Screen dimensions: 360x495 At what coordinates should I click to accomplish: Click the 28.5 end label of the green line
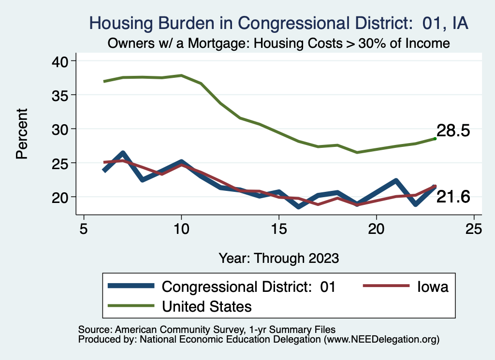pos(453,131)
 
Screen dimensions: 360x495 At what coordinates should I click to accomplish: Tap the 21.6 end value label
pos(453,197)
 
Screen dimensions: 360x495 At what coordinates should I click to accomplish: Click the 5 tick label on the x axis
pos(84,229)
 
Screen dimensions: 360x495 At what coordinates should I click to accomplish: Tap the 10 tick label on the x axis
pos(181,229)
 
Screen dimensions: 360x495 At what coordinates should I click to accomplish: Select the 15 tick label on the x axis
pos(279,229)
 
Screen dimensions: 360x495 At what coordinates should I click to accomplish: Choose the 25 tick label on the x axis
pos(474,229)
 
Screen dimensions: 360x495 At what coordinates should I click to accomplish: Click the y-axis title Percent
pos(21,134)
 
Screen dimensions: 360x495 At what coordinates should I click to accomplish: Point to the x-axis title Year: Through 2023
pos(278,258)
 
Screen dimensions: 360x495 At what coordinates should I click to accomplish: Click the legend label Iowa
pos(433,287)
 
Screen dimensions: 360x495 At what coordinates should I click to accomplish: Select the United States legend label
pos(207,306)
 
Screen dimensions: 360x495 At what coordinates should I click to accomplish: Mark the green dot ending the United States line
pos(435,139)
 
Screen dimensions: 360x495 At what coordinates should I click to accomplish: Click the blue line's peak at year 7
pos(123,154)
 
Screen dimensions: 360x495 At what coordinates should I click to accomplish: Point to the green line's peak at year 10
pos(181,75)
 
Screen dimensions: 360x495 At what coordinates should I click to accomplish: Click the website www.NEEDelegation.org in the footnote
pos(381,339)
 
